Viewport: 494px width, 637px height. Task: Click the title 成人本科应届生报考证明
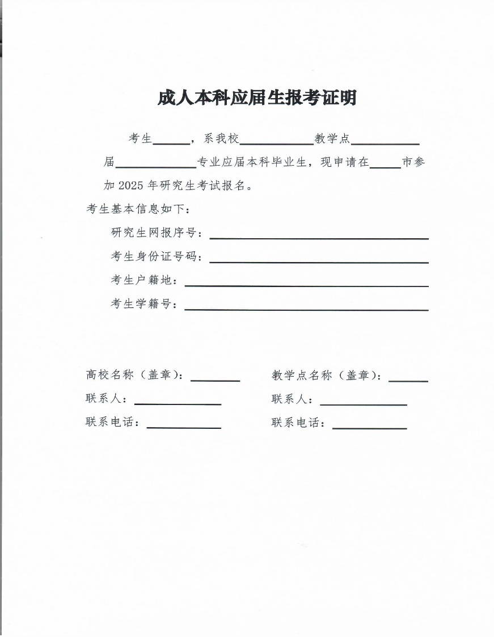pyautogui.click(x=257, y=98)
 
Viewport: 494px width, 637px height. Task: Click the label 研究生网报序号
pyautogui.click(x=156, y=233)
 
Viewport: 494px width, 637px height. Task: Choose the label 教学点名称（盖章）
pyautogui.click(x=327, y=375)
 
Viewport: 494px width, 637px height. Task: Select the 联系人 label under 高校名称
pyautogui.click(x=106, y=399)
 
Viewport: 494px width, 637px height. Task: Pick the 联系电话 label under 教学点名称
pyautogui.click(x=298, y=423)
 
